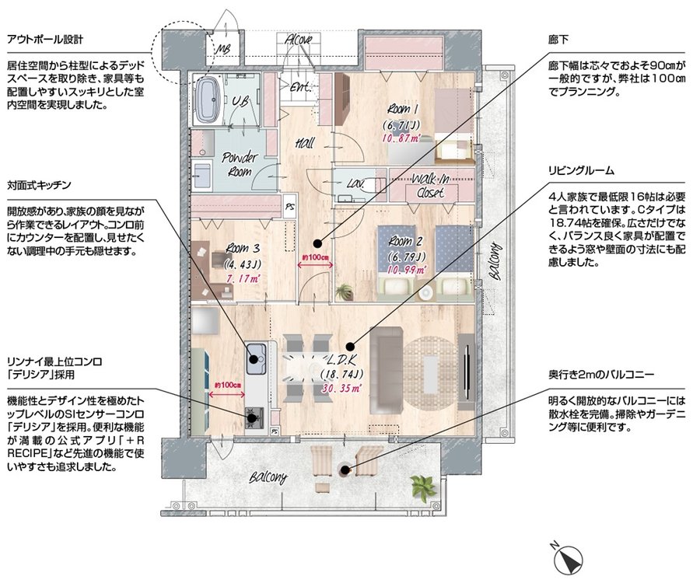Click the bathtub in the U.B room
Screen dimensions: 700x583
click(208, 100)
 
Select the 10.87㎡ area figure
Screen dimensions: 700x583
click(401, 138)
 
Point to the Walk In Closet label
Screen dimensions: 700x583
click(431, 186)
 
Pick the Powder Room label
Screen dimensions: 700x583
click(240, 164)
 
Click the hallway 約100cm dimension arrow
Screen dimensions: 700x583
click(315, 264)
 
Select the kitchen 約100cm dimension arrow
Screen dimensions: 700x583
click(227, 394)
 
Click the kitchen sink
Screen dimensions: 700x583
click(256, 358)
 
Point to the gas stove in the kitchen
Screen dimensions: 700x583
click(254, 418)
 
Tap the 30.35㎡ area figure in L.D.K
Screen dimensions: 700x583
click(341, 389)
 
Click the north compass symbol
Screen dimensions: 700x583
click(568, 559)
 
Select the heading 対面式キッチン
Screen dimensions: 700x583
click(40, 185)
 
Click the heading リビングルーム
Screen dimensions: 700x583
click(582, 170)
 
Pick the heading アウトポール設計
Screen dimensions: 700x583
click(45, 40)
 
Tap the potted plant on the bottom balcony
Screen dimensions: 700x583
click(422, 487)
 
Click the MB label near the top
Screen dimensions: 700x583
click(222, 49)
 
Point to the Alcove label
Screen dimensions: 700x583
click(299, 39)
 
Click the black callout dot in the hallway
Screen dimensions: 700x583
click(317, 243)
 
